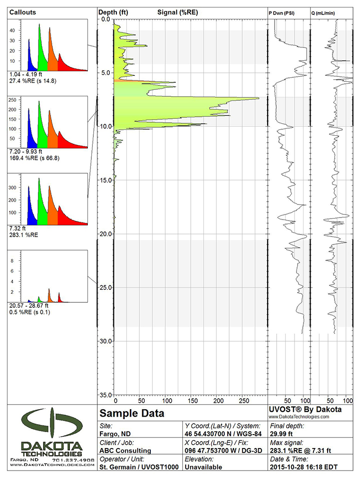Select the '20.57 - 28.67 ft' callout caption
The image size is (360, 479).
tap(29, 305)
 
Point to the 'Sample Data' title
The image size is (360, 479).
tap(132, 414)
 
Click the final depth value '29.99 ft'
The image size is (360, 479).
tap(283, 434)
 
